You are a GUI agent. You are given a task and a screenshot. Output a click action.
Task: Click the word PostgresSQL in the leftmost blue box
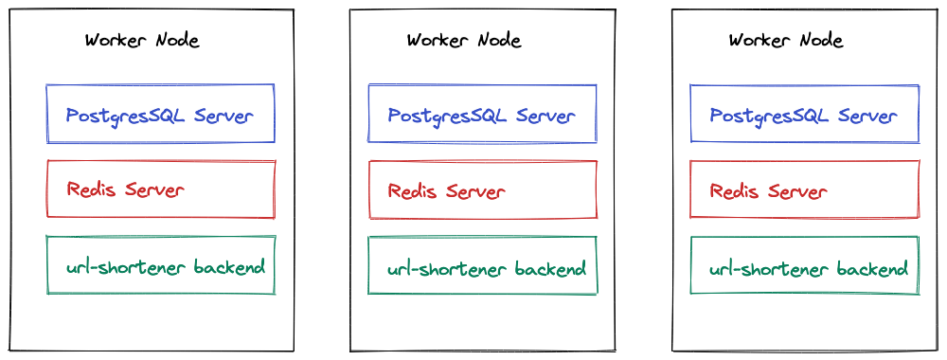[x=126, y=117]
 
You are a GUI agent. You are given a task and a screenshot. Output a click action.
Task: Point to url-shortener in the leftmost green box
[x=127, y=268]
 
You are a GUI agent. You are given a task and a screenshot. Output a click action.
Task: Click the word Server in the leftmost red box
[x=154, y=189]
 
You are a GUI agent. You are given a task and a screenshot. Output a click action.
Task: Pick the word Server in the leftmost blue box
[x=223, y=116]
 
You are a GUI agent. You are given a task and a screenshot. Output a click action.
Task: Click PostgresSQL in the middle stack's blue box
[x=448, y=117]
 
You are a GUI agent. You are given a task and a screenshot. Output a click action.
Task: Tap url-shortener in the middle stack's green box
[x=449, y=270]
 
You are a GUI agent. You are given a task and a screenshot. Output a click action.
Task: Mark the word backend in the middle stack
[x=551, y=269]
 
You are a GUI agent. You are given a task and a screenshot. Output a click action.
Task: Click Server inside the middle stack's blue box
[x=545, y=116]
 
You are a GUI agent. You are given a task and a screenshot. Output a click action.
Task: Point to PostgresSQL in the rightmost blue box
[x=770, y=117]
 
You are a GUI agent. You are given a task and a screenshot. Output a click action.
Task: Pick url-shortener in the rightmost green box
[x=771, y=270]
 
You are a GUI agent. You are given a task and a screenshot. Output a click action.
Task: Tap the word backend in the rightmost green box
[x=873, y=269]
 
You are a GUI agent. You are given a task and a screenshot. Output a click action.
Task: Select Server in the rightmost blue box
[x=867, y=116]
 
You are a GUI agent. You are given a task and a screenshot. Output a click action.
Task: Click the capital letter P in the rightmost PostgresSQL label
[x=716, y=117]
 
